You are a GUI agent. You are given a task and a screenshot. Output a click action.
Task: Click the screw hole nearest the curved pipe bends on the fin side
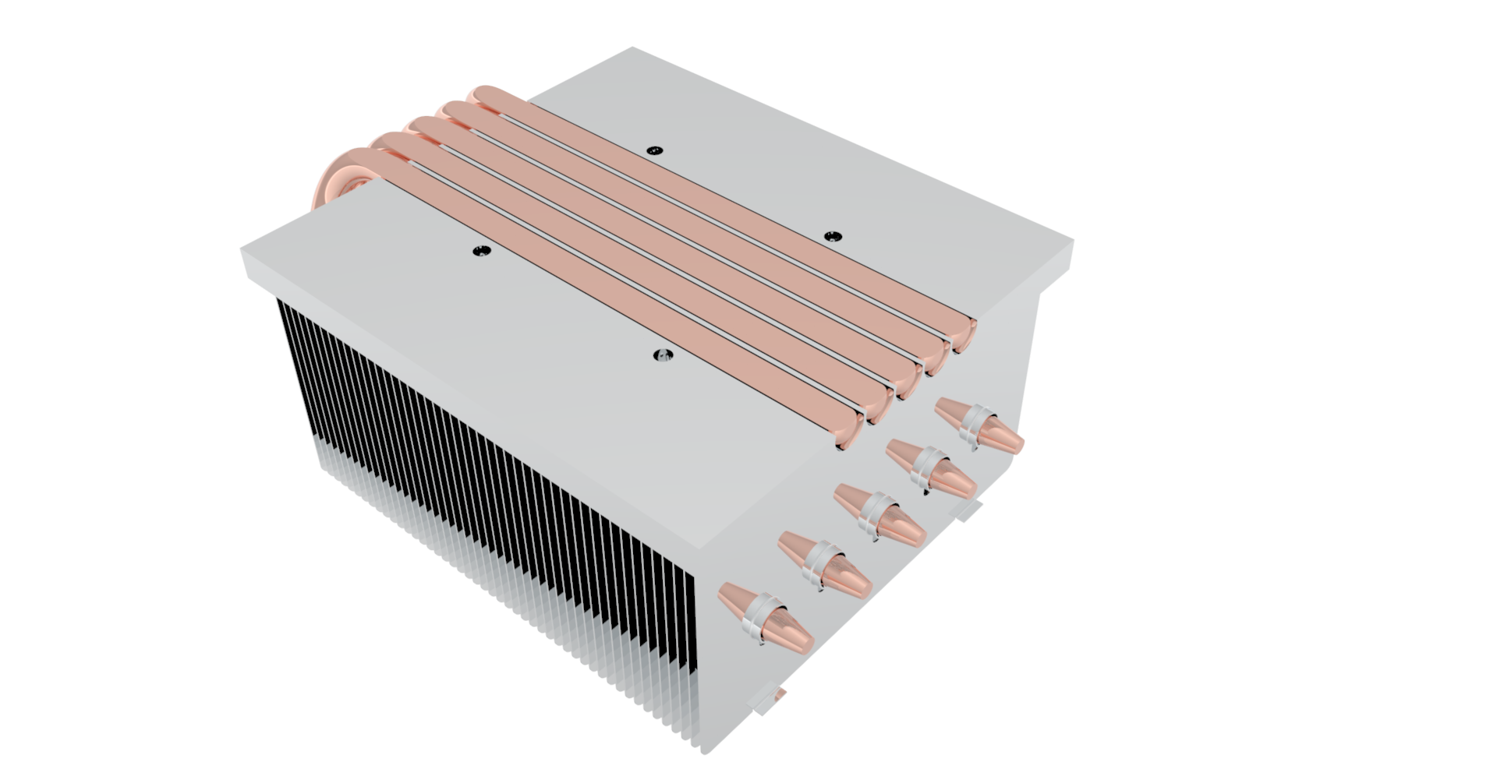tap(482, 251)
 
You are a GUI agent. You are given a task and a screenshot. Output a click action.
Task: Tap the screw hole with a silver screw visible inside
tap(662, 356)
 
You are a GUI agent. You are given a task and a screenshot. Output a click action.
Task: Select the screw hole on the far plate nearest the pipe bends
tap(654, 150)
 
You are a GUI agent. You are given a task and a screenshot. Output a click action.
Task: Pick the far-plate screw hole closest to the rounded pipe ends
tap(833, 236)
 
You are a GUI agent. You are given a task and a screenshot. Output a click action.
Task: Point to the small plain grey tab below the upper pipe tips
tap(968, 510)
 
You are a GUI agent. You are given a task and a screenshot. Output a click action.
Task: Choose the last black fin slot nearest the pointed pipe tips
tap(690, 623)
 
